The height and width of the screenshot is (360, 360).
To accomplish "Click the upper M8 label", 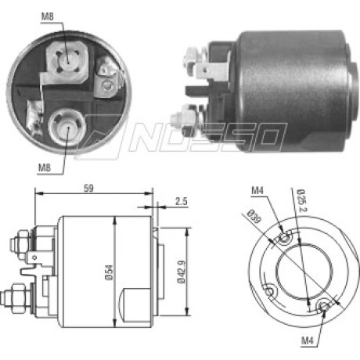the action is point(48,16).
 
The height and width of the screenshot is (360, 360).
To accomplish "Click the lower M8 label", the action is point(45,167).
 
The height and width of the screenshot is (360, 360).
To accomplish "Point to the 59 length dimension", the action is point(88,189).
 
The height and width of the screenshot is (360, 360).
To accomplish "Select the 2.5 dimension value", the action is point(182,201).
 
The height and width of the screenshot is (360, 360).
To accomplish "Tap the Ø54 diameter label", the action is point(110,272).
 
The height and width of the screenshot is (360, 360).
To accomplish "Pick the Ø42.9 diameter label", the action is point(182,272).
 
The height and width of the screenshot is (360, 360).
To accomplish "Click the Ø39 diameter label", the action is point(254,216).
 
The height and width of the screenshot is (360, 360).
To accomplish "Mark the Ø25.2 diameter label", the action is point(302,200).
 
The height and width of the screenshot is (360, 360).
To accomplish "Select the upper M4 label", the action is point(257,191).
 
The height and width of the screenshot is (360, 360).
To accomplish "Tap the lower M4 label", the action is point(308,340).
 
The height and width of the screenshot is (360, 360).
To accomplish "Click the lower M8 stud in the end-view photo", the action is point(67,128).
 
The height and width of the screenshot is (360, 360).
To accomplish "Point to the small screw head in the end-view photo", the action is point(107,85).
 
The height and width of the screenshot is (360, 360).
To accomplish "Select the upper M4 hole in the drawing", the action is point(284,238).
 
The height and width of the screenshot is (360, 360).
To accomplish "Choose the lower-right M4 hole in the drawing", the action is point(323,306).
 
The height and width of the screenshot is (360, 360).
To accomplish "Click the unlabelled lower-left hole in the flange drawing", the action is point(271,290).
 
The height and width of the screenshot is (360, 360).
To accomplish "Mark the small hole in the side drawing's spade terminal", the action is point(34,257).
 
